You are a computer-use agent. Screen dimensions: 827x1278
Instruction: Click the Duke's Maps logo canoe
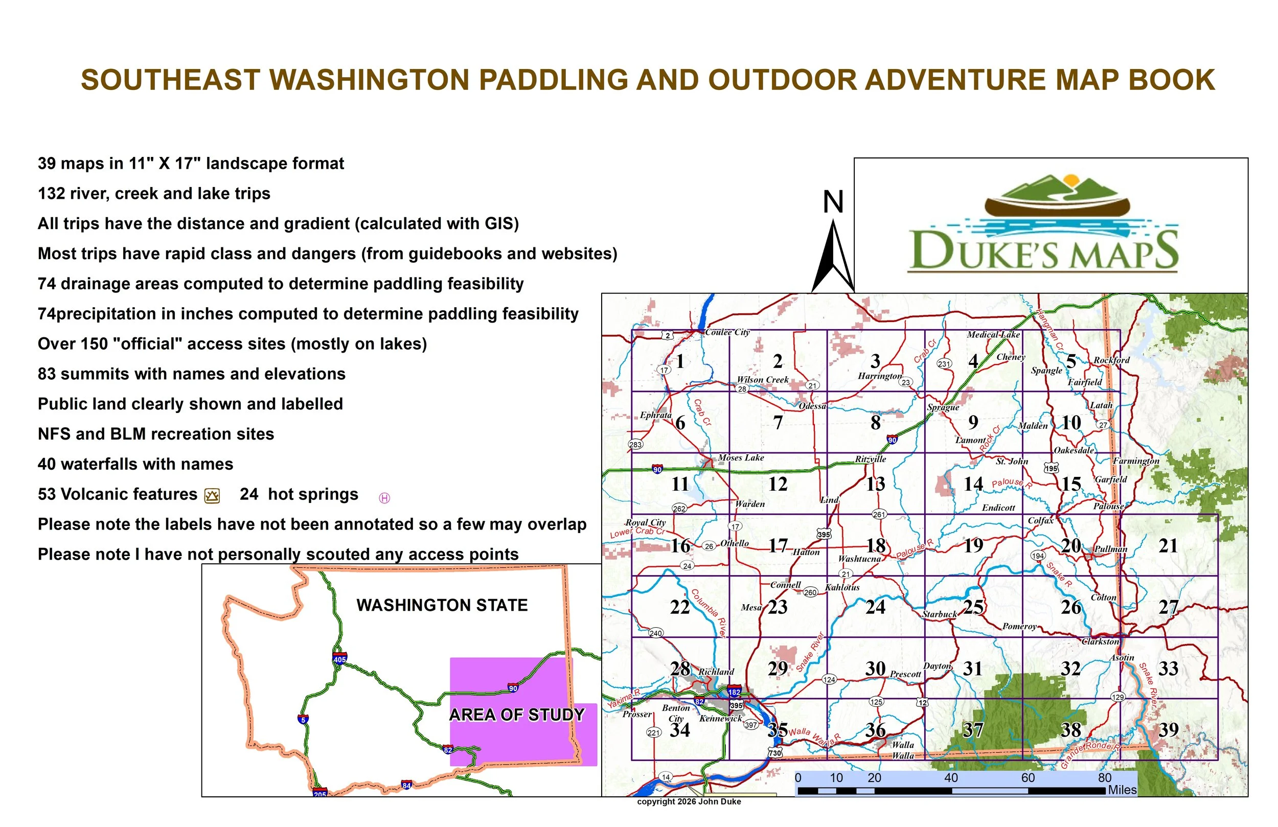tap(1057, 206)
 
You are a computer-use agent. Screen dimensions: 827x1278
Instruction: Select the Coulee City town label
tap(727, 332)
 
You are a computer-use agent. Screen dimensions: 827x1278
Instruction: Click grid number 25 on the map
tap(973, 607)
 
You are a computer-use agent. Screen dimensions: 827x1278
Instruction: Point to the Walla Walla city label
tap(903, 750)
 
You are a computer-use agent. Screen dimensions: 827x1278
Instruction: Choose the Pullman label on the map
tap(1110, 549)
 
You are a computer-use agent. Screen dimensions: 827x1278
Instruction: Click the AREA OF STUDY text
tap(517, 715)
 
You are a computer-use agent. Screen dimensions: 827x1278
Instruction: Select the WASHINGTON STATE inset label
tap(442, 605)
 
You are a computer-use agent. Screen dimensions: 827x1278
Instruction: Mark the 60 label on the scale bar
tap(1028, 777)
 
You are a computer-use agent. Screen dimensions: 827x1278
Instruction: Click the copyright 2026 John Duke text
tap(689, 802)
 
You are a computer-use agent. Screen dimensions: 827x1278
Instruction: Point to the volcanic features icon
tap(212, 496)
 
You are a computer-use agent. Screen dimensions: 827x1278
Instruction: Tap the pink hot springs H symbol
tap(384, 498)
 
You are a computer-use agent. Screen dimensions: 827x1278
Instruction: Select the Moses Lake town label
tap(741, 457)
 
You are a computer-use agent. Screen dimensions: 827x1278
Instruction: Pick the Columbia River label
tap(709, 613)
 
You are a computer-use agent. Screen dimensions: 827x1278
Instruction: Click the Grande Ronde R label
tap(1090, 754)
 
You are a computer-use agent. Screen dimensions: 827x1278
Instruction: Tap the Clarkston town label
tap(1100, 641)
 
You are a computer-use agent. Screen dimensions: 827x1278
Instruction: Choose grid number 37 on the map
tap(972, 730)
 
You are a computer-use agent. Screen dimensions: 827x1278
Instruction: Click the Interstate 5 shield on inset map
tap(303, 719)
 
